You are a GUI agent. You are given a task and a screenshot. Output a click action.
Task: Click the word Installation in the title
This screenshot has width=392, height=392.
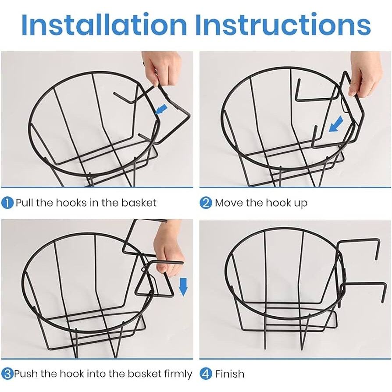[x=104, y=25]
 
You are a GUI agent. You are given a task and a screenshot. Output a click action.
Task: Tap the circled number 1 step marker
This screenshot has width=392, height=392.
[x=7, y=203]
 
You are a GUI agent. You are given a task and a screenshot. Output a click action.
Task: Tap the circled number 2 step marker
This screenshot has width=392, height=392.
[x=206, y=203]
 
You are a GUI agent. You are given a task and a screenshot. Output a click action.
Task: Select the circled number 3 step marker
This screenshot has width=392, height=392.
[x=7, y=374]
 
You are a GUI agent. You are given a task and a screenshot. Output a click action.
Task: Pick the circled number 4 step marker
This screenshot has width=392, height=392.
[x=206, y=374]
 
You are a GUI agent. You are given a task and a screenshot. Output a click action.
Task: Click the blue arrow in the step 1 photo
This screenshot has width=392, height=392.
[x=161, y=109]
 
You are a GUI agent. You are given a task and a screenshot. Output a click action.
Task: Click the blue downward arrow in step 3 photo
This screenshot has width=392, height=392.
[x=184, y=287]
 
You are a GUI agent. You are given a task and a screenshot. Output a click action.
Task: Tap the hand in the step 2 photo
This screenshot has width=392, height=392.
[x=366, y=74]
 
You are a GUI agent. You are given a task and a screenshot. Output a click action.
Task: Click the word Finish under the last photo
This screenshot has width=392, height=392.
[x=229, y=374]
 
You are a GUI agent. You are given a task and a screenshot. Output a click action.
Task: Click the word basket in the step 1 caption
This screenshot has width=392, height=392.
[x=139, y=203]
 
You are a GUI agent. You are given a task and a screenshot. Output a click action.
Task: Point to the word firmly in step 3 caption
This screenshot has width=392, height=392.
[x=178, y=374]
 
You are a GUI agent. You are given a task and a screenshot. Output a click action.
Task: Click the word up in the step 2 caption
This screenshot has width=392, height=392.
[x=301, y=204]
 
